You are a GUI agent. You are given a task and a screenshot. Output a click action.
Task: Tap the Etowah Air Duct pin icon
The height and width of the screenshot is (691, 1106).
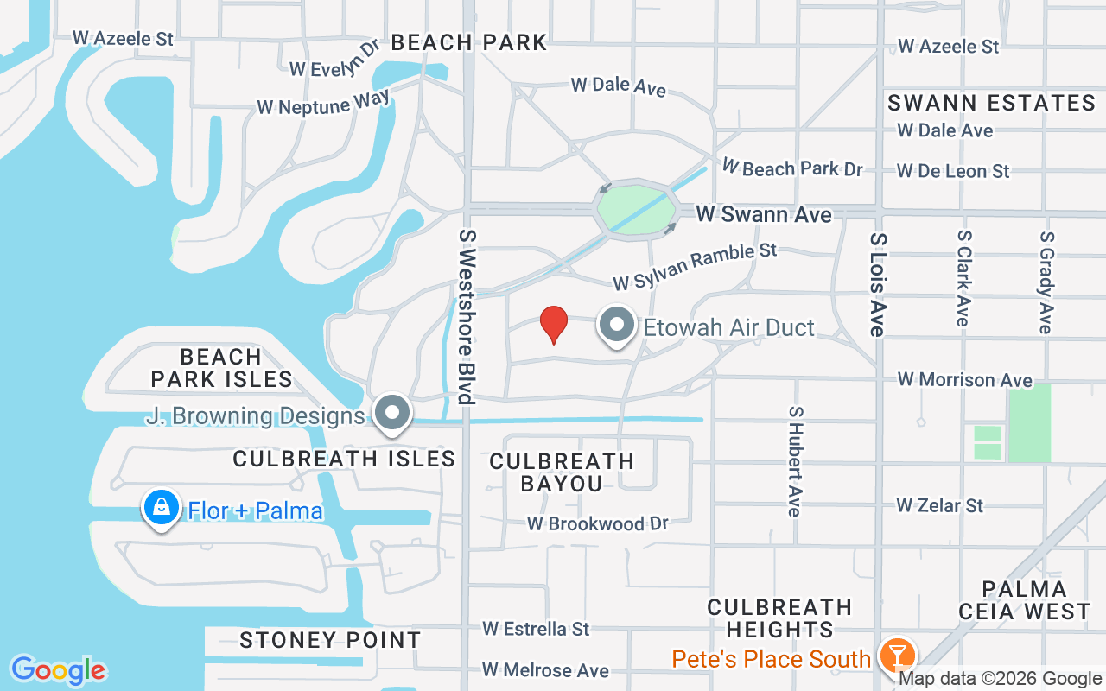coord(617,326)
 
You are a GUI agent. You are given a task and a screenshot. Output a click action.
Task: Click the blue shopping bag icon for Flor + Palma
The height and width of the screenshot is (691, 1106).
coord(162,508)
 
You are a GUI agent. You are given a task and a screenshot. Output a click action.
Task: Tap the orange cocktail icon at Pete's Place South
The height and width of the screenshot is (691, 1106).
coord(898,656)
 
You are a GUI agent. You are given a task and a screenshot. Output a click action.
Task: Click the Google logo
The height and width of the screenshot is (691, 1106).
coord(59,670)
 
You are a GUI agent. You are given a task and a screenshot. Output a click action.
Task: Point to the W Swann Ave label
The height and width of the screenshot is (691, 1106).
coord(764,214)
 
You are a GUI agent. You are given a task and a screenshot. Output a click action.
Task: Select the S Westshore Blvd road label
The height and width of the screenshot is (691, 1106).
coord(467,316)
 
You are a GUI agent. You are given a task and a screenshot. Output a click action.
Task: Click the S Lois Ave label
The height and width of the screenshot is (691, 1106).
coord(878,284)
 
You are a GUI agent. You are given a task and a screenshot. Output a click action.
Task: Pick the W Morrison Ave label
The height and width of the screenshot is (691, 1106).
coord(964,379)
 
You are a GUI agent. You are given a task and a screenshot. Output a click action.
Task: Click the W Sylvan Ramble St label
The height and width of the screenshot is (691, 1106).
coord(695,266)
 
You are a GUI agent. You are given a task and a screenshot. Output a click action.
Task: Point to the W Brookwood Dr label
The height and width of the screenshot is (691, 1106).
coord(598,523)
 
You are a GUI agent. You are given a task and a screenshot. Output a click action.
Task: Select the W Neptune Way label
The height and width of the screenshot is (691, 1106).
coord(323,103)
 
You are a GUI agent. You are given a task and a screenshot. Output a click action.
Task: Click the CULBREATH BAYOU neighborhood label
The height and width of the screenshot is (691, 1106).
coord(562,472)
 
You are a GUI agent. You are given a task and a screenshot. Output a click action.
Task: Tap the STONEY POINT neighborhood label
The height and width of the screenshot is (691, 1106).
coord(330,640)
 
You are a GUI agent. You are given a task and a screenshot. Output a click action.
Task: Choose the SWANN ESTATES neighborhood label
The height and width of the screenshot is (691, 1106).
coord(992,103)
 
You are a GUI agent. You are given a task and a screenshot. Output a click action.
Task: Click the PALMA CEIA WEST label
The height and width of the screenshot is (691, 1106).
coord(1024,600)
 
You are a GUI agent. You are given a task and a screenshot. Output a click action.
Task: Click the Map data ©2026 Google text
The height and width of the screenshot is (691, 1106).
coord(1000,679)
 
